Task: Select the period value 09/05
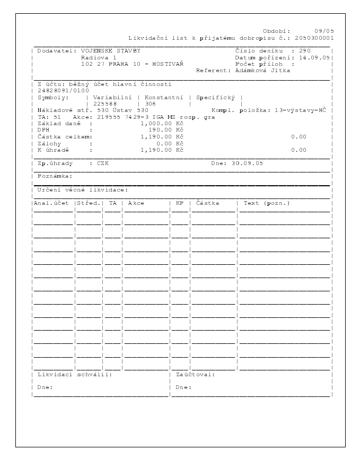click(x=324, y=31)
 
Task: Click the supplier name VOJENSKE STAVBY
click(x=111, y=50)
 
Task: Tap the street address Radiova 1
click(x=99, y=57)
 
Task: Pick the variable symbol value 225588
click(x=104, y=104)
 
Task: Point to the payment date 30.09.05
click(x=248, y=163)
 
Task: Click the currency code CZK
click(x=102, y=163)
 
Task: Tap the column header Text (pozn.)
click(x=267, y=203)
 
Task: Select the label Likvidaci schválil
click(x=75, y=374)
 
